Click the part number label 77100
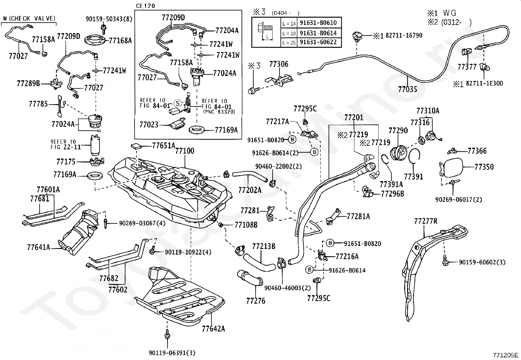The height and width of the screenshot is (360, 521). point(185,151)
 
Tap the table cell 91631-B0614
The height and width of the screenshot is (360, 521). point(318,33)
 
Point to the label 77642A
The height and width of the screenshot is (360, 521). point(213,329)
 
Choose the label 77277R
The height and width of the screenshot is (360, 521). point(426,221)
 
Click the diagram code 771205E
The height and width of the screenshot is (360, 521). point(505,355)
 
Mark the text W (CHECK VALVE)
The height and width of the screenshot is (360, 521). point(29,18)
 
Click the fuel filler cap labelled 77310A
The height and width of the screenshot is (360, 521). point(433,136)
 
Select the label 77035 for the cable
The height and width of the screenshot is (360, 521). point(407,89)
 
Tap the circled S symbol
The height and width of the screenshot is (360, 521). point(178,103)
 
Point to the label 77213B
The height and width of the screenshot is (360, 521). point(263,246)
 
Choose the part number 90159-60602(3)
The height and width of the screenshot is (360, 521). point(482,262)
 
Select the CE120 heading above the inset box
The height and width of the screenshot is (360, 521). point(146,6)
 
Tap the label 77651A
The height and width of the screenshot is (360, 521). point(164,146)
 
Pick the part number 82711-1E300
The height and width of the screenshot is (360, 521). point(484,83)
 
